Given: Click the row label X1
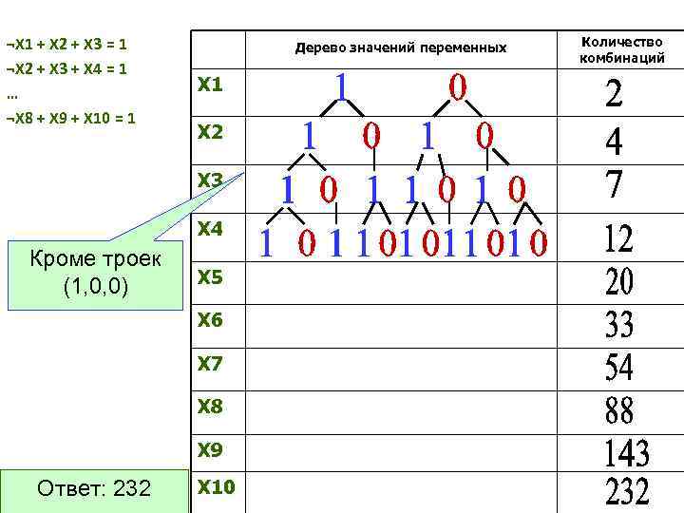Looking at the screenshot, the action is coord(209,85).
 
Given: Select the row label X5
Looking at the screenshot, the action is coord(209,277).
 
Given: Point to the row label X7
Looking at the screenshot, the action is coord(209,364).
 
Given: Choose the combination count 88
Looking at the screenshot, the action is coord(619,411).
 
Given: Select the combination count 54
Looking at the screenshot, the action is coord(619,367).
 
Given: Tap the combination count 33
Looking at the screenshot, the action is coord(619,326).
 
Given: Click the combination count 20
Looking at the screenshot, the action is coord(619,281).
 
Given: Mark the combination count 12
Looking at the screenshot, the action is coord(618,238).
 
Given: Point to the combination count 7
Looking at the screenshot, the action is coord(615,183).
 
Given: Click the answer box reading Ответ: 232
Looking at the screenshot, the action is coord(93,489).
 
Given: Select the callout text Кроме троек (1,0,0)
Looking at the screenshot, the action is coord(95,273).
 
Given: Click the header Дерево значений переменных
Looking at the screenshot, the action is coord(401,47).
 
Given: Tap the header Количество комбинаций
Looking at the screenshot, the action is coord(622,50).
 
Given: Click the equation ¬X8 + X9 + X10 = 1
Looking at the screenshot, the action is coord(70,119).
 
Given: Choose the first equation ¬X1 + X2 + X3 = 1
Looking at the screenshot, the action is coord(66,44).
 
